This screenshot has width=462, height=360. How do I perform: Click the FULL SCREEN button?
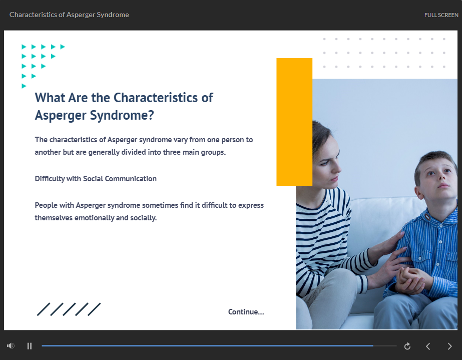pyautogui.click(x=441, y=15)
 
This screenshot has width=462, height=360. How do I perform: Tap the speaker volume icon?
pyautogui.click(x=11, y=345)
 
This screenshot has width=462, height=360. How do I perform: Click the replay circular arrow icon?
pyautogui.click(x=407, y=346)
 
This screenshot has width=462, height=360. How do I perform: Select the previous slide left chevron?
pyautogui.click(x=428, y=346)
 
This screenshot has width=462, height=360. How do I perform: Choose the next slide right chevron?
pyautogui.click(x=449, y=346)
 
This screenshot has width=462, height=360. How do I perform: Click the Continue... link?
pyautogui.click(x=246, y=312)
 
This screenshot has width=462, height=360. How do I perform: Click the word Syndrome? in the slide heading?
pyautogui.click(x=122, y=115)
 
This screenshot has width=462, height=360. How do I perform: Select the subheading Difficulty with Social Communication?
pyautogui.click(x=96, y=179)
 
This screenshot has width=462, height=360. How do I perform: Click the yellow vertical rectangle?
pyautogui.click(x=294, y=122)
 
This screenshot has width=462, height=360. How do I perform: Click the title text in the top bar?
pyautogui.click(x=69, y=15)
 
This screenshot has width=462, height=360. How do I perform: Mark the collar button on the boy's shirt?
pyautogui.click(x=427, y=218)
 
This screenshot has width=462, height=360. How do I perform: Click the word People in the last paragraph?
pyautogui.click(x=46, y=205)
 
